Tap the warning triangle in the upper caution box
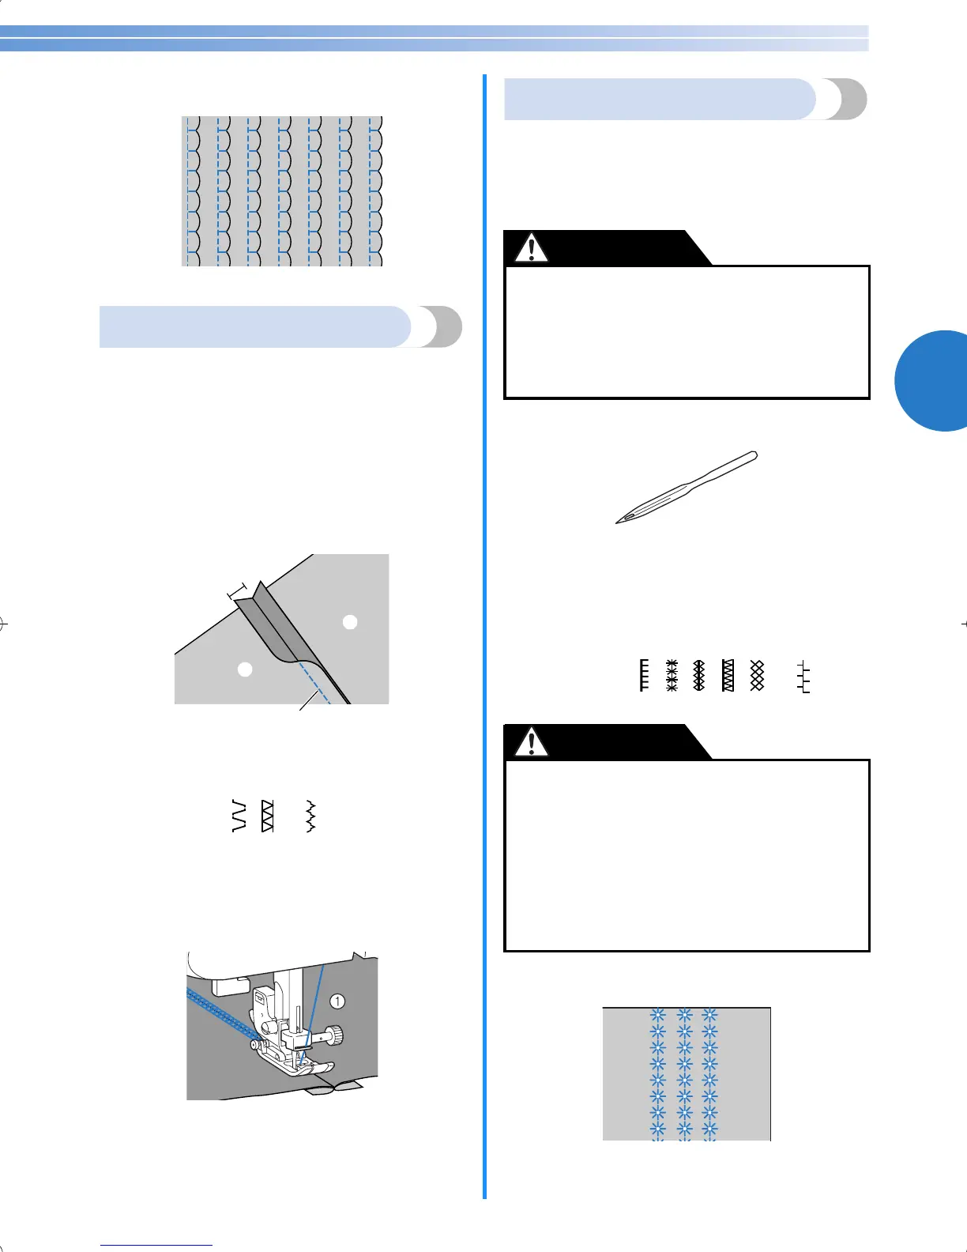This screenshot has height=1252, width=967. (531, 248)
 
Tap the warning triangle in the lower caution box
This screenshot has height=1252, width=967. (531, 742)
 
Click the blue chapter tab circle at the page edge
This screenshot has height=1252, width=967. (936, 381)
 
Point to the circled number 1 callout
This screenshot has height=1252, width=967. (337, 1001)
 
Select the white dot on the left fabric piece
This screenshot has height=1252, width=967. (246, 669)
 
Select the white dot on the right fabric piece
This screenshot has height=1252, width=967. (350, 622)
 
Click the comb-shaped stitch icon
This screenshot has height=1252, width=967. (644, 675)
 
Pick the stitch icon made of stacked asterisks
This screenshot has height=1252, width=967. (672, 675)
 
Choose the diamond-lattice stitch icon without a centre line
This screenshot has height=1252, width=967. (757, 675)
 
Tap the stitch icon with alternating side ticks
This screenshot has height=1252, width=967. (803, 677)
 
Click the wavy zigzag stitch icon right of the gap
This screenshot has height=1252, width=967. (311, 816)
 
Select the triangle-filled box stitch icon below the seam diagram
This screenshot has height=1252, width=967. (267, 816)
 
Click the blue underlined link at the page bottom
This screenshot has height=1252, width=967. (157, 1245)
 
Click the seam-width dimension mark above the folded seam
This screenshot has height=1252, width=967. (237, 590)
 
